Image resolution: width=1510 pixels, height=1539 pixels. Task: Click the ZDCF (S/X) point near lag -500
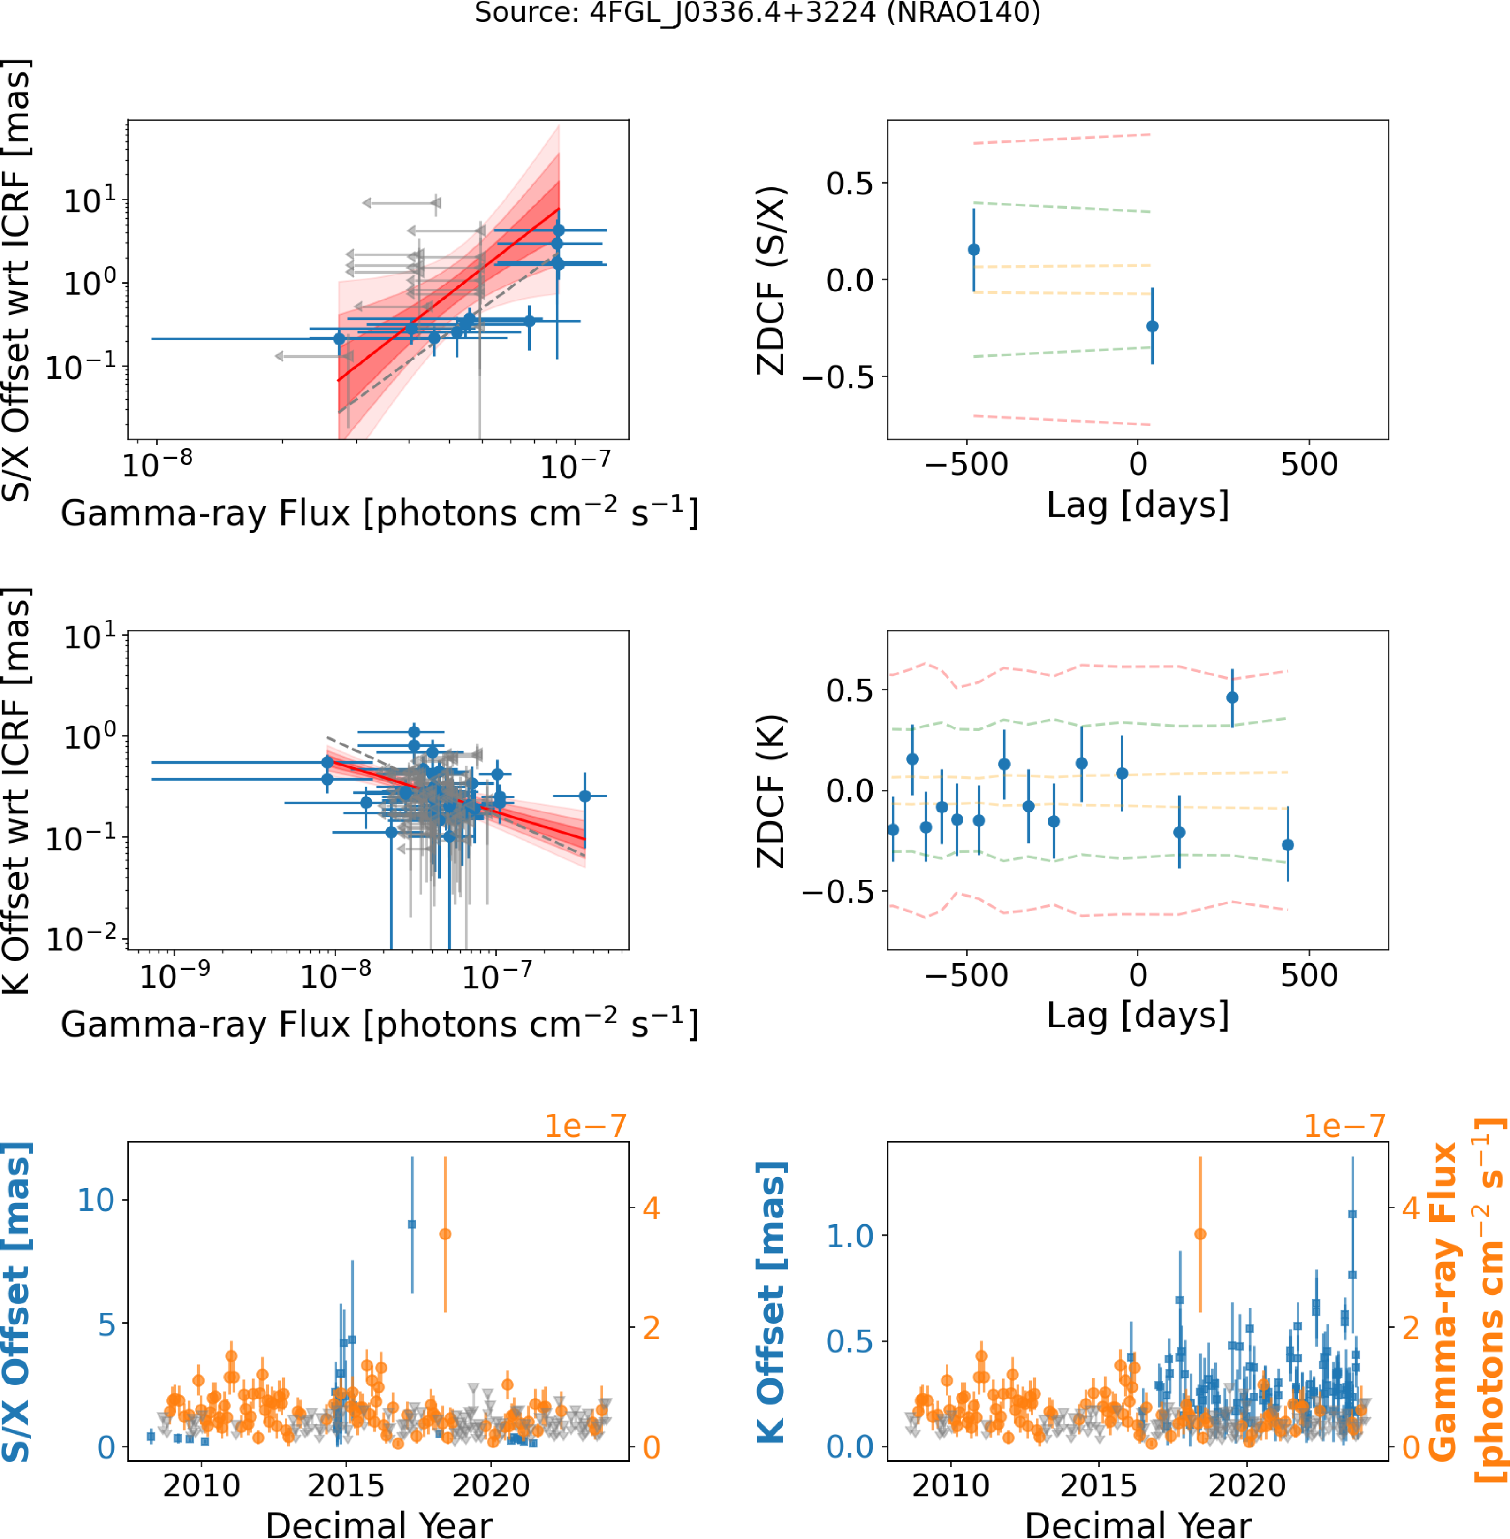[974, 250]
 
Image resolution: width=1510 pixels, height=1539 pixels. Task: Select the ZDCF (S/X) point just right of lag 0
[1152, 326]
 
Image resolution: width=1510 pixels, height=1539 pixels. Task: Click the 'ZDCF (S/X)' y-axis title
[771, 281]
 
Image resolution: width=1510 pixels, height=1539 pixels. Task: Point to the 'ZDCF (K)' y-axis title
[771, 791]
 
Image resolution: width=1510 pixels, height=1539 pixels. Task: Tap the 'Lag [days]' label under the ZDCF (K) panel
[1138, 1016]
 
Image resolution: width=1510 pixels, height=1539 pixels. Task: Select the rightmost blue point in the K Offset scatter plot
[585, 796]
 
